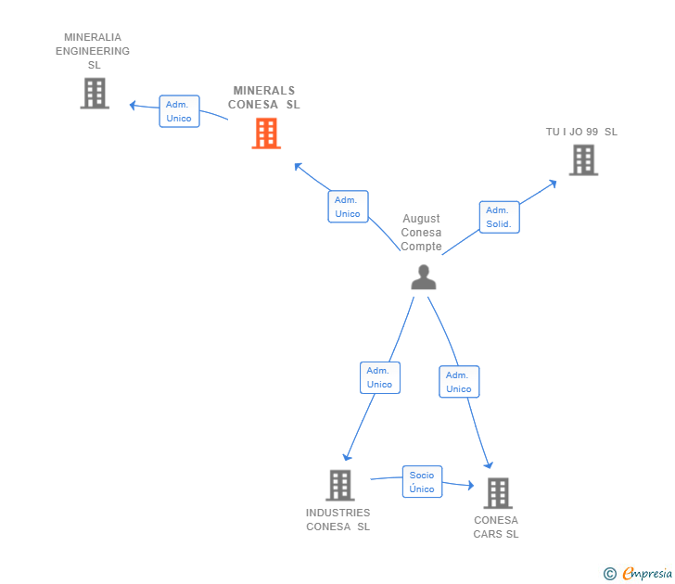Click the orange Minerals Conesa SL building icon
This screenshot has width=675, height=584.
tap(266, 133)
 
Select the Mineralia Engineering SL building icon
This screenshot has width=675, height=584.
tap(95, 93)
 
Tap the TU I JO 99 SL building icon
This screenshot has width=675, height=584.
tap(583, 160)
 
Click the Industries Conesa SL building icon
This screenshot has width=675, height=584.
tap(340, 485)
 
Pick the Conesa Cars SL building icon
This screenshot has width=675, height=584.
tap(498, 493)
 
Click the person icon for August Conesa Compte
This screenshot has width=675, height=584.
tap(424, 277)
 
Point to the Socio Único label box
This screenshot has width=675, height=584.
tap(422, 482)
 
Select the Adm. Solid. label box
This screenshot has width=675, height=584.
tap(499, 217)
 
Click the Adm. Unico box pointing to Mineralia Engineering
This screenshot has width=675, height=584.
tap(179, 111)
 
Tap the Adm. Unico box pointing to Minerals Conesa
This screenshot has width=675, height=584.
tap(348, 207)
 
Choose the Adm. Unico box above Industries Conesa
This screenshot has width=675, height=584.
tap(379, 377)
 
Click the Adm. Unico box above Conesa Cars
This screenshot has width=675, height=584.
tap(458, 382)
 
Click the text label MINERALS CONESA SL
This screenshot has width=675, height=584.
tap(264, 97)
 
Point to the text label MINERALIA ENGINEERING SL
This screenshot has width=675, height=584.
tap(93, 51)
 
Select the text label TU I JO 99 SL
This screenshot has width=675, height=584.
tap(581, 132)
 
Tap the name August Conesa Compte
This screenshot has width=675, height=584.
tap(422, 233)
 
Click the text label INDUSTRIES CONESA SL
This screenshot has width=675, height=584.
tap(338, 520)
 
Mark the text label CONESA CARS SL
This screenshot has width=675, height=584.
tap(496, 527)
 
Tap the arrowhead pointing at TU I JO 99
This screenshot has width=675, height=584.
tap(553, 182)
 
